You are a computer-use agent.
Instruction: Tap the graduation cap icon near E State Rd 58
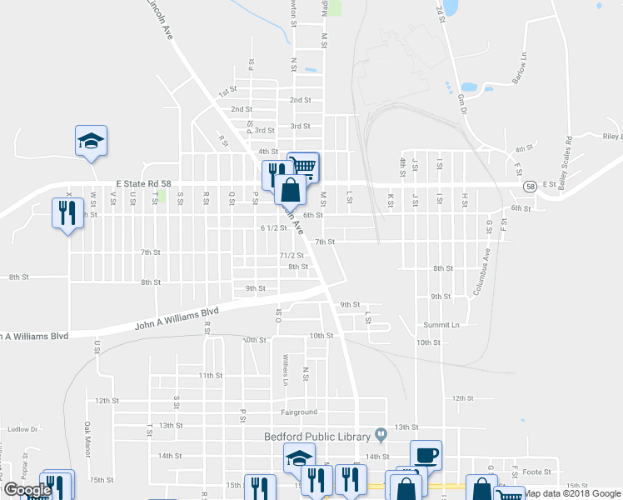[x=92, y=140]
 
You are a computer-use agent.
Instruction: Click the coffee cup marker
[x=426, y=455]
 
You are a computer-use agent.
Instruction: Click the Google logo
[x=27, y=489]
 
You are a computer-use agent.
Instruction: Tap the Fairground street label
[x=299, y=412]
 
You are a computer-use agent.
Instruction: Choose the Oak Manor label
[x=87, y=439]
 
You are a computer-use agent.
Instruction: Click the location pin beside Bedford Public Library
[x=381, y=434]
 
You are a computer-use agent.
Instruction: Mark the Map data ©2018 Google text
[x=572, y=493]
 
